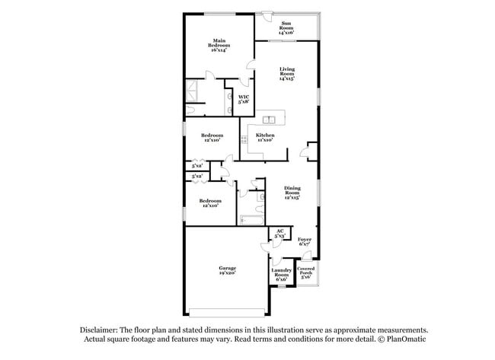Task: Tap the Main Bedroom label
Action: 219,44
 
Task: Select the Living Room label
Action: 286,72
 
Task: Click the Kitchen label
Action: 265,137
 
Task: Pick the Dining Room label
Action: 292,193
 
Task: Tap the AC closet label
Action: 279,233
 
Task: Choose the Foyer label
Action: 305,241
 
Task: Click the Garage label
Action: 227,269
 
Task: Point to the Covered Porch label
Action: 306,272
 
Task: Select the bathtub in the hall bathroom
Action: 251,221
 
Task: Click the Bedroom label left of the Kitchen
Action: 212,137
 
